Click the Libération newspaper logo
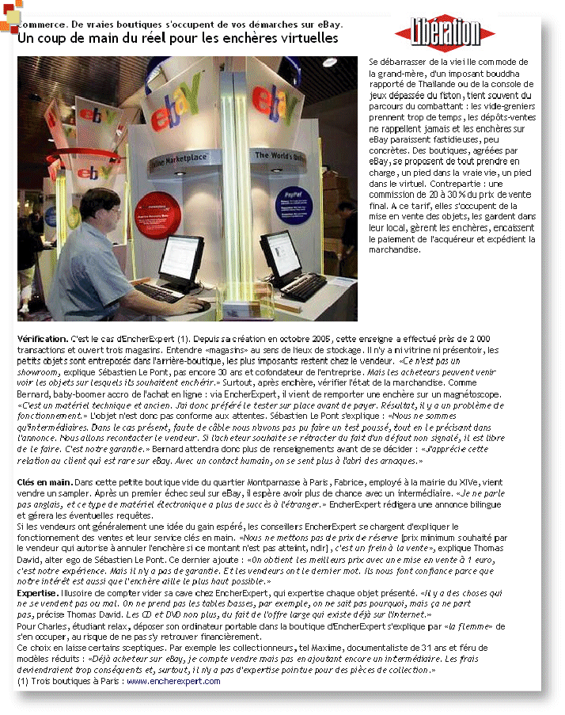(447, 32)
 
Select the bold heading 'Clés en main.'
(44, 482)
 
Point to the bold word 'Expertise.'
(37, 591)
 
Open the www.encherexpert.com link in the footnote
(172, 680)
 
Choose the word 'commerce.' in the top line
(43, 25)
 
